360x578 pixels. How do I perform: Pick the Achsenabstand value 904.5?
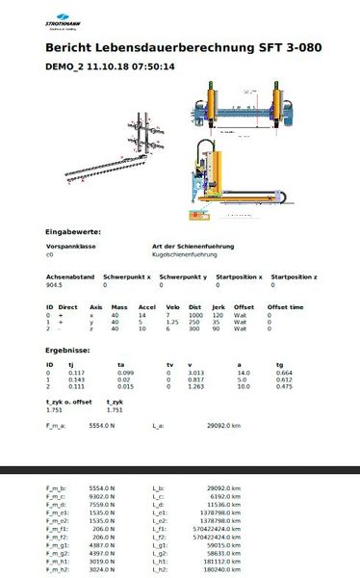point(54,285)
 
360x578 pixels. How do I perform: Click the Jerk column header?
point(218,306)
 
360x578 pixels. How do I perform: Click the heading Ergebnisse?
point(67,351)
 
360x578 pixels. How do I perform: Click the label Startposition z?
point(295,276)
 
